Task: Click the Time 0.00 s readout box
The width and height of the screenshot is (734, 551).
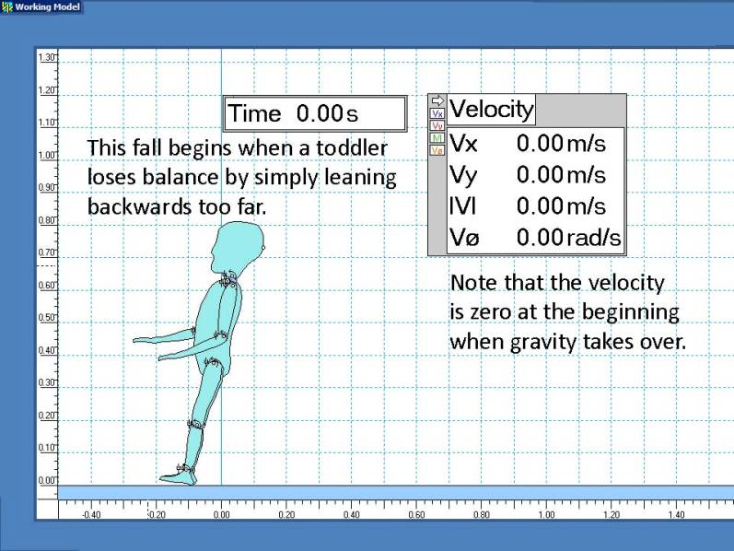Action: click(315, 113)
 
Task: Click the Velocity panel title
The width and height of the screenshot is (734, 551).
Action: click(491, 109)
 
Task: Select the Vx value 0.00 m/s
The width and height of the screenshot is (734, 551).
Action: click(561, 144)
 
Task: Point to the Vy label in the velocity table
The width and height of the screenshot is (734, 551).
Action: click(462, 175)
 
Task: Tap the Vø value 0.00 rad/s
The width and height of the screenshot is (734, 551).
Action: click(568, 238)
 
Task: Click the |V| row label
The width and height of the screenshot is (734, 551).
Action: click(462, 206)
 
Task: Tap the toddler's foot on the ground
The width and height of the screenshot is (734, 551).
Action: click(179, 476)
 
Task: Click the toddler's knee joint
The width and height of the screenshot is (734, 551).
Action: click(195, 425)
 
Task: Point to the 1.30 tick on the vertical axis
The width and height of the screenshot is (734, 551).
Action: click(46, 58)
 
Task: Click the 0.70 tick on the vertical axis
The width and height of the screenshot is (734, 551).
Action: click(46, 252)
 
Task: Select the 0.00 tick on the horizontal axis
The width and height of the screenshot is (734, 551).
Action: click(221, 514)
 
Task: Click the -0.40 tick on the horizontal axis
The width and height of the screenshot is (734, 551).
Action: click(91, 514)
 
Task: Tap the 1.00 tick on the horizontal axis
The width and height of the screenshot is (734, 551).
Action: click(546, 514)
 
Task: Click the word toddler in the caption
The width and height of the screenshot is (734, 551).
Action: click(352, 148)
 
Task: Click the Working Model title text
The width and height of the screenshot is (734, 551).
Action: click(47, 7)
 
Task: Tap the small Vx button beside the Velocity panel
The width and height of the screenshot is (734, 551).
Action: click(437, 114)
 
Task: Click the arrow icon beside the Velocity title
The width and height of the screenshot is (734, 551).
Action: click(437, 100)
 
